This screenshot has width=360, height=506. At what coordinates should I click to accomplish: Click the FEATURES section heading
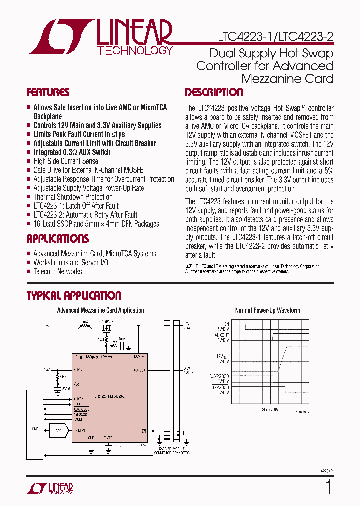47,92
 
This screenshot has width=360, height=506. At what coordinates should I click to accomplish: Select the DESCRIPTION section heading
214,92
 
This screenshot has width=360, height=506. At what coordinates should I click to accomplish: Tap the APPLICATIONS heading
57,239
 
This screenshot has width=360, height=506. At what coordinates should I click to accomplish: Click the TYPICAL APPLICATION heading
74,296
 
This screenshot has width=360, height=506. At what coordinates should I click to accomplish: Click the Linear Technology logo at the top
100,37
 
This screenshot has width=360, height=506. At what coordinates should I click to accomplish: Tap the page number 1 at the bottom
328,487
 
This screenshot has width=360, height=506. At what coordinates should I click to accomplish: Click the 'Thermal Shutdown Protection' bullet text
73,197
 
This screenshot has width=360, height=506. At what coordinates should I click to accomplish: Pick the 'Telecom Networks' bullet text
57,272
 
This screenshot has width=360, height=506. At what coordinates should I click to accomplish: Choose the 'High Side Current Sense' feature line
65,161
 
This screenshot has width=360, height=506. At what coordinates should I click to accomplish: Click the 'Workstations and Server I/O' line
71,263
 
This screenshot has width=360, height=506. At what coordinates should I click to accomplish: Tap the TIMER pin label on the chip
108,437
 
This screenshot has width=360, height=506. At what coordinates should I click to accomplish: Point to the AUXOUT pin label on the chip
139,370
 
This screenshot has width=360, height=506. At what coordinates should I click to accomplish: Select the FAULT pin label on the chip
80,419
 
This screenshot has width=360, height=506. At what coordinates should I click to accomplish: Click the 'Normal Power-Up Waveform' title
267,310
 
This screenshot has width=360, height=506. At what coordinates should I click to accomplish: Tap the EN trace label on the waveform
226,323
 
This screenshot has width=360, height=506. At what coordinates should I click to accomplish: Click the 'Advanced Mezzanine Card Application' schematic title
100,310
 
